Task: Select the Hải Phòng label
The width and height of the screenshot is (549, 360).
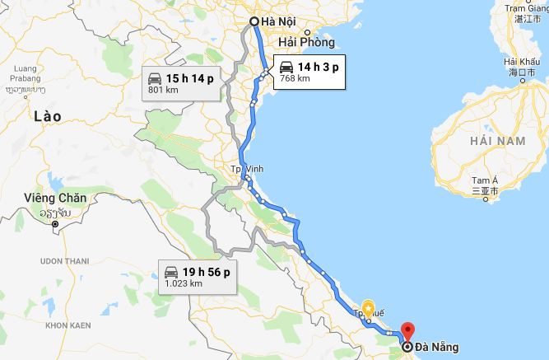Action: click(306, 42)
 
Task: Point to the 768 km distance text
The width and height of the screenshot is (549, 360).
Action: click(295, 79)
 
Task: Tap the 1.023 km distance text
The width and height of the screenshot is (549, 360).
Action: click(183, 283)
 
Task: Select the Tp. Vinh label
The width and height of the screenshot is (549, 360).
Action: click(245, 170)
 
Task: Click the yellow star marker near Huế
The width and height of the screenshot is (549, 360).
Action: click(368, 306)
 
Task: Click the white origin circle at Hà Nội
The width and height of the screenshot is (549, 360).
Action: click(254, 21)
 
